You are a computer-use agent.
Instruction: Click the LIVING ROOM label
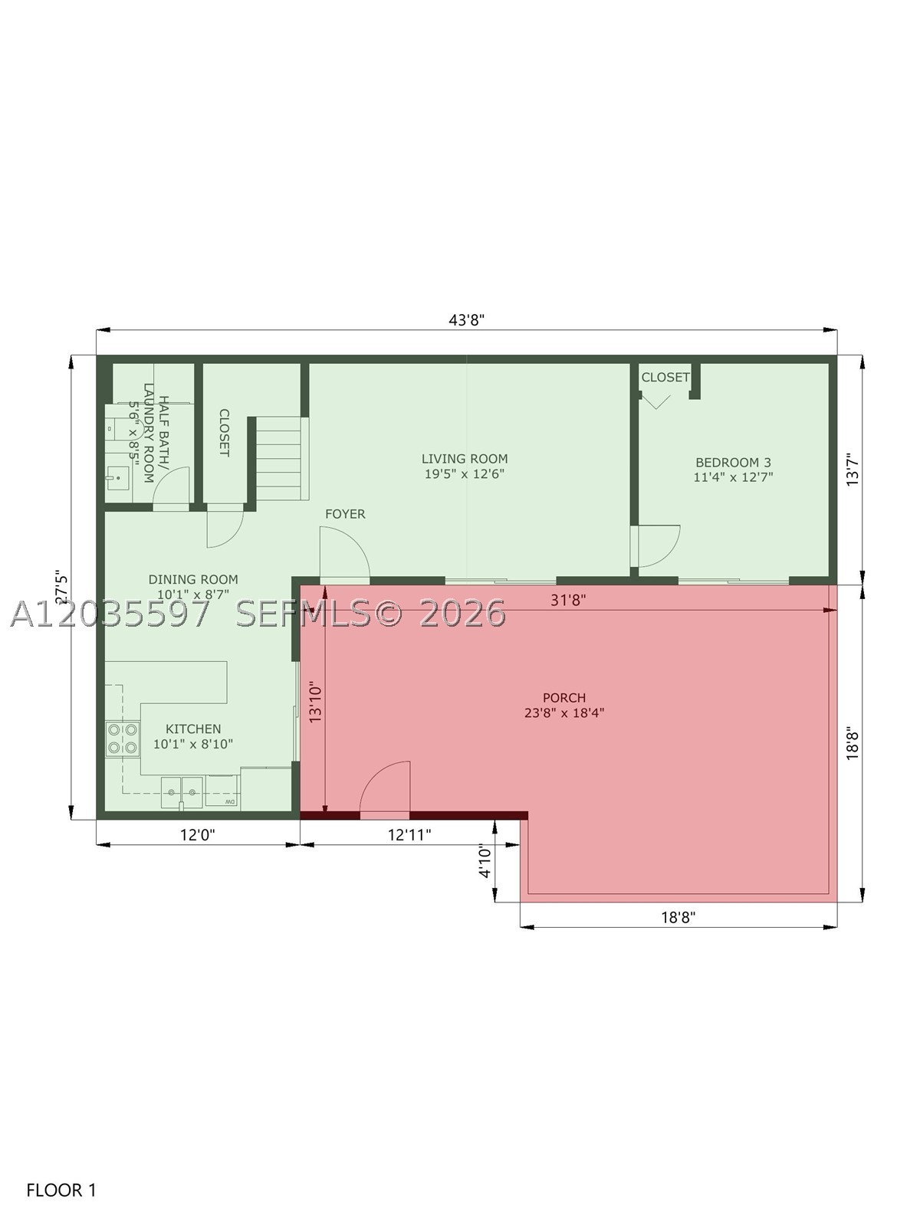pyautogui.click(x=465, y=459)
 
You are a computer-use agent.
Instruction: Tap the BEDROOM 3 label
pyautogui.click(x=733, y=462)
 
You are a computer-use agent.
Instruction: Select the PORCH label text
pyautogui.click(x=563, y=698)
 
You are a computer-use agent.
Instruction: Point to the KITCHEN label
pyautogui.click(x=193, y=729)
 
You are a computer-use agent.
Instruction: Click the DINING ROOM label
pyautogui.click(x=193, y=579)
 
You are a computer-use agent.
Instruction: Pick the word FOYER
pyautogui.click(x=345, y=514)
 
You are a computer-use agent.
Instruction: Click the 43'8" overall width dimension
pyautogui.click(x=467, y=319)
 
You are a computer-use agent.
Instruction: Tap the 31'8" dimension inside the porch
pyautogui.click(x=568, y=600)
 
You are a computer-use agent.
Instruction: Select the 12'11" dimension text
pyautogui.click(x=409, y=835)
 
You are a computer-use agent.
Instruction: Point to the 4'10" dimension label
pyautogui.click(x=485, y=862)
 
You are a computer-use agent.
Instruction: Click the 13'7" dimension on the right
pyautogui.click(x=853, y=469)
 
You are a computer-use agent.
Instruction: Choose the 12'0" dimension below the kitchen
pyautogui.click(x=197, y=835)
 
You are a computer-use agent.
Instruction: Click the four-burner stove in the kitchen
pyautogui.click(x=123, y=739)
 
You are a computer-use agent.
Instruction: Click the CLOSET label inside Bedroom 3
pyautogui.click(x=665, y=377)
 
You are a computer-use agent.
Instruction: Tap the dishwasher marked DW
pyautogui.click(x=223, y=791)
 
